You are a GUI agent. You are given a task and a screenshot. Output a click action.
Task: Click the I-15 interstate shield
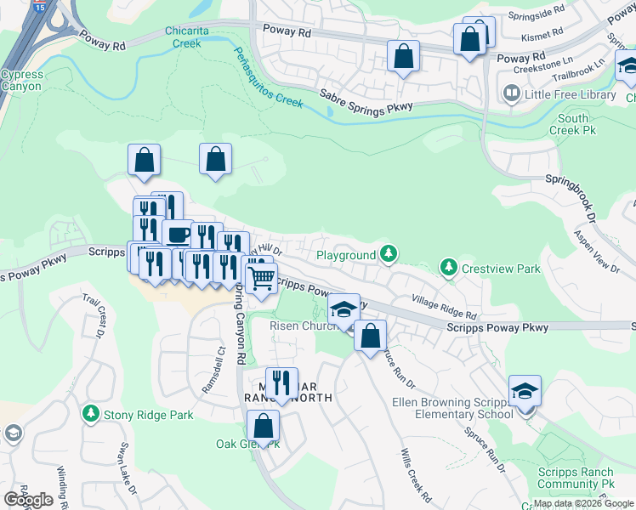[x=40, y=8]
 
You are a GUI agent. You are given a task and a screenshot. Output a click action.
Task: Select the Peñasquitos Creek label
[x=267, y=77]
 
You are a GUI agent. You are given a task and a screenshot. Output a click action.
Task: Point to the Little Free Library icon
[x=513, y=94]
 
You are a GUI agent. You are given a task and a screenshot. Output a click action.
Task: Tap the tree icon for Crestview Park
[x=448, y=269]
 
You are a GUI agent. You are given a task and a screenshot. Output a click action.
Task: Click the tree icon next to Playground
[x=389, y=254]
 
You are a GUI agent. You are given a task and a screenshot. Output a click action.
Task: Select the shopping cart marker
[x=262, y=277]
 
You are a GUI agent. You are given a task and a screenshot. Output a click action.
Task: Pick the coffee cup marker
[x=178, y=234]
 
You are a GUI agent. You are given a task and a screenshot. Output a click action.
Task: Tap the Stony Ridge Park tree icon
[x=89, y=414]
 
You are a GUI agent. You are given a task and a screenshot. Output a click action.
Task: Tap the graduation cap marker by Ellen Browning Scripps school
[x=525, y=391]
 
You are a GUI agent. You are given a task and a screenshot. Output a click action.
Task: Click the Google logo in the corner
[x=28, y=500]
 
